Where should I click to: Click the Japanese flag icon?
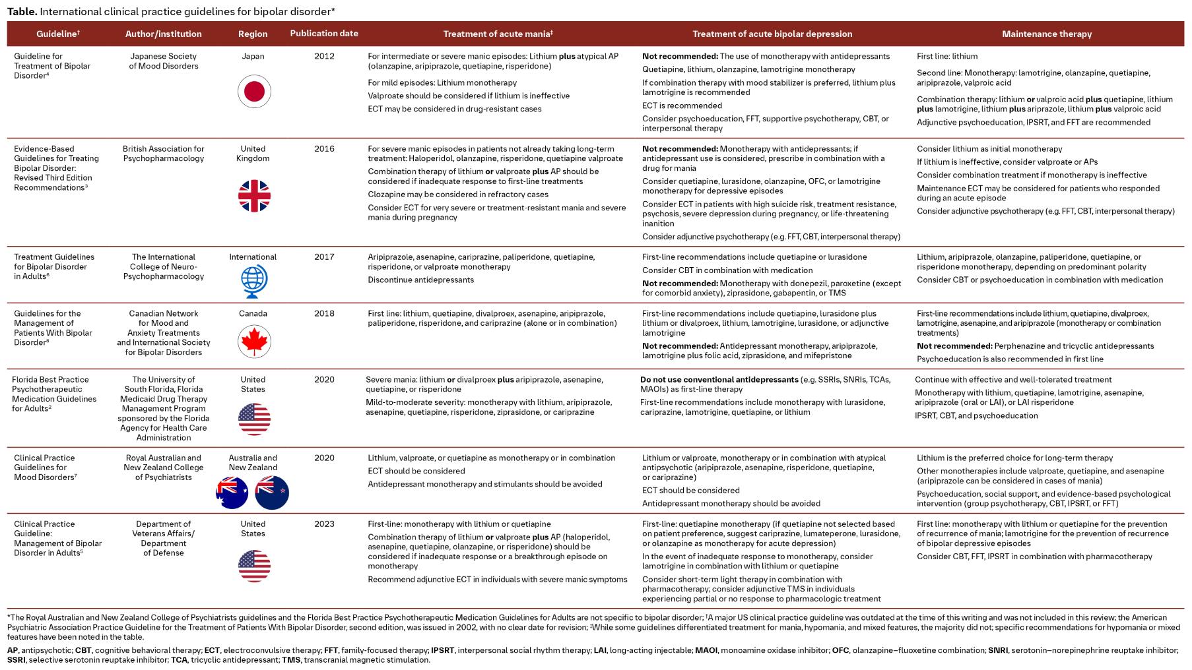pyautogui.click(x=254, y=91)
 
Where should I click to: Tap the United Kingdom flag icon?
pyautogui.click(x=254, y=196)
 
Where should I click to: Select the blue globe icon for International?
pyautogui.click(x=254, y=282)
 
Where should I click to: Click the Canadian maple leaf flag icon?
pyautogui.click(x=254, y=342)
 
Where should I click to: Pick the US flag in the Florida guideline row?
pyautogui.click(x=254, y=419)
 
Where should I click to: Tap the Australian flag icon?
pyautogui.click(x=232, y=493)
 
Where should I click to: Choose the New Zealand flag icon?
pyautogui.click(x=272, y=493)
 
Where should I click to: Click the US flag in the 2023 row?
pyautogui.click(x=254, y=565)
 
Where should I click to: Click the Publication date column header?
pyautogui.click(x=324, y=34)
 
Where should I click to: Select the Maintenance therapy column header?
pyautogui.click(x=1046, y=34)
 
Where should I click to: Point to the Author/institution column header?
pyautogui.click(x=164, y=34)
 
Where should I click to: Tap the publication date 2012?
pyautogui.click(x=324, y=56)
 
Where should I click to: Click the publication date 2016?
pyautogui.click(x=324, y=148)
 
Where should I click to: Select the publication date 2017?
pyautogui.click(x=324, y=257)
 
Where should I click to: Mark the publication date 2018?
pyautogui.click(x=324, y=313)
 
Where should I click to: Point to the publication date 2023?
pyautogui.click(x=324, y=524)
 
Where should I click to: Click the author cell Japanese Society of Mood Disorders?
pyautogui.click(x=164, y=61)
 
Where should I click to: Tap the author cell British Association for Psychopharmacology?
pyautogui.click(x=164, y=153)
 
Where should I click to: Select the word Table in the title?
pyautogui.click(x=21, y=11)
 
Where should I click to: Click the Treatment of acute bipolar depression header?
pyautogui.click(x=772, y=34)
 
